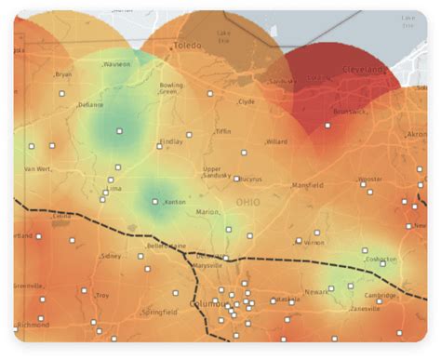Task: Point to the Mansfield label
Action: (x=308, y=185)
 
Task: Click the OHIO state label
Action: (x=247, y=201)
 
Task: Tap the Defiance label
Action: (x=90, y=105)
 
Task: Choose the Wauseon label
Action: (x=117, y=64)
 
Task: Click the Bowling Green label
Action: (x=170, y=88)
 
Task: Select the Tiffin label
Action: (x=223, y=131)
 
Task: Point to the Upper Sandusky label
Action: (x=217, y=173)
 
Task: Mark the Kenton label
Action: (x=174, y=202)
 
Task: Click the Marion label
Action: (x=207, y=212)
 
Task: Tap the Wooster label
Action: (x=370, y=179)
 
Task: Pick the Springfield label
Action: (x=159, y=313)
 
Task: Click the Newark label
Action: (x=316, y=290)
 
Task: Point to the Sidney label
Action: (x=111, y=255)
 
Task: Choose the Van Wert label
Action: (x=37, y=169)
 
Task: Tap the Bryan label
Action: (x=63, y=74)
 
